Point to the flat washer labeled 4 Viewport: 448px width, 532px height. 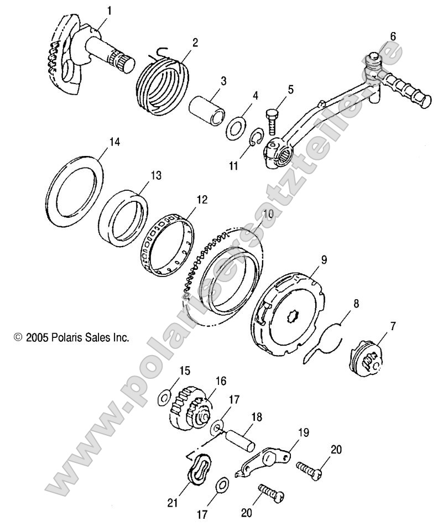tap(237, 128)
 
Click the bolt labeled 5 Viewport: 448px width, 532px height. tap(272, 119)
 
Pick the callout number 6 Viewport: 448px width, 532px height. tap(393, 36)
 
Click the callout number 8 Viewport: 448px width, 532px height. tap(356, 303)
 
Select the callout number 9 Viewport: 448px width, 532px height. tap(324, 259)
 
